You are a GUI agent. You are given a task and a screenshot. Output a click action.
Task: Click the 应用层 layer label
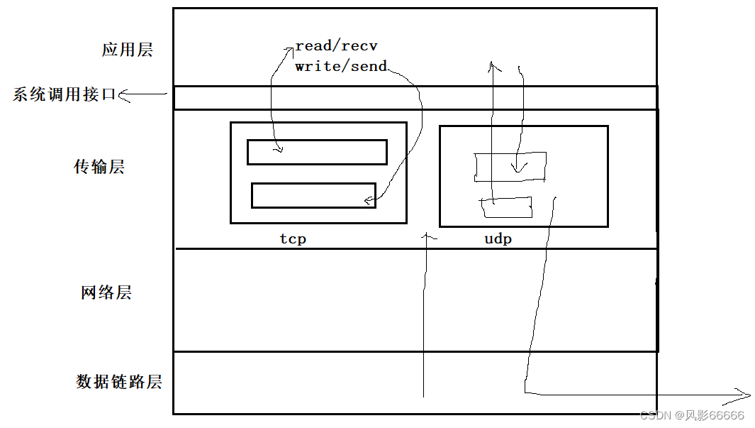click(127, 50)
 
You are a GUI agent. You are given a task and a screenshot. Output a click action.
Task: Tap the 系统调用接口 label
click(64, 94)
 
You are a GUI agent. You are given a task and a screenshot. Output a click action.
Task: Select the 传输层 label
click(99, 167)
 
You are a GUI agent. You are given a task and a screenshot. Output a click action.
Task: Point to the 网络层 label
click(106, 292)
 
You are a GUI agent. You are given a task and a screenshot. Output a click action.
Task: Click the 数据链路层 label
click(119, 382)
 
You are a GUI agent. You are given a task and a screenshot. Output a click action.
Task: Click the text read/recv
click(336, 46)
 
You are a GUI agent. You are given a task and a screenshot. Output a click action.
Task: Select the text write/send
click(341, 67)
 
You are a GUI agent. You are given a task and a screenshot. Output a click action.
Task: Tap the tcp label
click(293, 239)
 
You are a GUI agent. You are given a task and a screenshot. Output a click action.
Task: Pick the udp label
click(498, 239)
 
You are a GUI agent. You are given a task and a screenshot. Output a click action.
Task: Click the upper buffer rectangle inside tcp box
click(317, 152)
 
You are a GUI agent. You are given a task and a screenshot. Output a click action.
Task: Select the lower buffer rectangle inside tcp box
click(313, 195)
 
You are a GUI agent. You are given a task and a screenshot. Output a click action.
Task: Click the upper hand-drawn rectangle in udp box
click(510, 166)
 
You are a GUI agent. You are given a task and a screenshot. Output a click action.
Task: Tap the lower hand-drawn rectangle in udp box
click(506, 207)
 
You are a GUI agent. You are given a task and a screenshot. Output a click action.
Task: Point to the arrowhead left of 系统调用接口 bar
click(125, 95)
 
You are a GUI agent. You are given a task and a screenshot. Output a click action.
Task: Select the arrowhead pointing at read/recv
click(289, 49)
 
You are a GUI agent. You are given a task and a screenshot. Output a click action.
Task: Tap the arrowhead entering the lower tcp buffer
click(369, 201)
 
